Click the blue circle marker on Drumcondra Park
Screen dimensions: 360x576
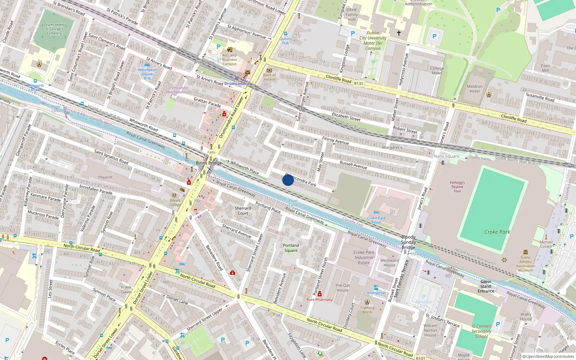coord(288,180)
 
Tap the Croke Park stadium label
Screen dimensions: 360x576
coord(497,232)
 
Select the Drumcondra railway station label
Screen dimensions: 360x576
coord(236,84)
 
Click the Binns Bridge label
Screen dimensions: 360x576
coord(208,163)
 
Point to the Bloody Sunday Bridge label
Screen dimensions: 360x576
coord(408,242)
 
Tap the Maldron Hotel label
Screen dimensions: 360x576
coord(474,89)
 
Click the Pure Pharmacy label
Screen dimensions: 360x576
coord(319,300)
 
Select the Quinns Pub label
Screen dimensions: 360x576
coord(285,41)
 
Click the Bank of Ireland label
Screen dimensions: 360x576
coord(269,77)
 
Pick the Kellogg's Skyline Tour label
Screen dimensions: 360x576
coord(457,187)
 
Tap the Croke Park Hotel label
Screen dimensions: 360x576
coord(376,220)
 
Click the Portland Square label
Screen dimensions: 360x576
coord(291,248)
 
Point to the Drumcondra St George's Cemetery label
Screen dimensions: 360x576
coord(54,29)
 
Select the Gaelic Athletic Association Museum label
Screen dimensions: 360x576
coord(526,264)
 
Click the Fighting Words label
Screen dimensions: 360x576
coord(367,310)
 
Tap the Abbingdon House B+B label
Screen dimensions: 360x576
coord(147,74)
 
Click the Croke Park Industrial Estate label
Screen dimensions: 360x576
coord(364,257)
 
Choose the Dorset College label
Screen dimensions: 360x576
coord(175,202)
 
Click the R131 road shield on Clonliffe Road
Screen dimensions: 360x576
coord(359,84)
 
